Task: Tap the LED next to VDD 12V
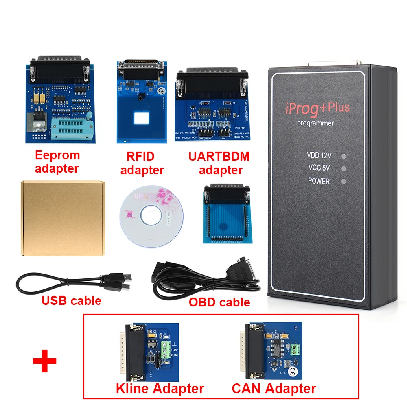tap(344, 155)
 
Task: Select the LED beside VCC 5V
tap(344, 168)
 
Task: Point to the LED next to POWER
tap(344, 182)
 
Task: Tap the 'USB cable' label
tap(71, 301)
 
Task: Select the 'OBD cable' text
tap(219, 302)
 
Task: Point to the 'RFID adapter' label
tap(142, 164)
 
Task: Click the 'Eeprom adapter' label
tap(57, 162)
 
